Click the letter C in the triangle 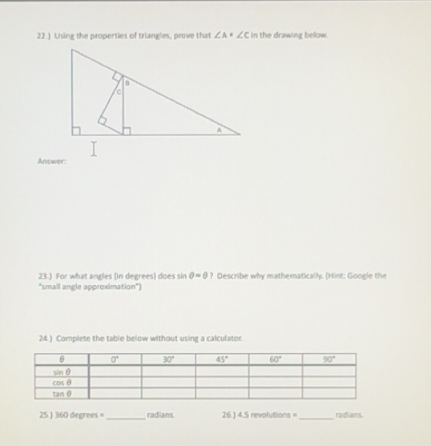(x=119, y=93)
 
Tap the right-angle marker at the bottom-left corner (x=78, y=130)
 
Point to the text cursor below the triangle (x=95, y=148)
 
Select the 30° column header (x=168, y=360)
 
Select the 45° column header (x=221, y=360)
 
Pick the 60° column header (x=275, y=360)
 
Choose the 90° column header (x=328, y=360)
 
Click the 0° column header (x=115, y=360)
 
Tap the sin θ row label (x=61, y=372)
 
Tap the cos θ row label (x=61, y=382)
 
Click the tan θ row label (x=61, y=392)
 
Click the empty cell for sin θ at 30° (x=168, y=372)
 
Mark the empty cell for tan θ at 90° (x=328, y=392)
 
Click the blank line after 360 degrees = (x=125, y=416)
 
